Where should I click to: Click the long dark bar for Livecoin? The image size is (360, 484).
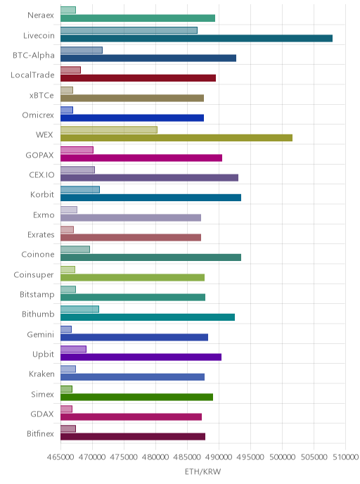click(196, 38)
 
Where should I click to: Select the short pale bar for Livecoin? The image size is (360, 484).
click(129, 30)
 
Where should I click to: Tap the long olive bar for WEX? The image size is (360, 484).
click(176, 138)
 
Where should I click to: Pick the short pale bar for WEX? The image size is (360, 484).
click(109, 130)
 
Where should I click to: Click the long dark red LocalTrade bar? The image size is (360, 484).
click(139, 78)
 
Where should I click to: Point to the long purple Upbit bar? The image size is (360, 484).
click(141, 357)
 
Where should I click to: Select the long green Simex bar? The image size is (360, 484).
click(136, 397)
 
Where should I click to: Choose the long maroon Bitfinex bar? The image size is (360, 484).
click(133, 436)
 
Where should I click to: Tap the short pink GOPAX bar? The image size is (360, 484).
click(77, 150)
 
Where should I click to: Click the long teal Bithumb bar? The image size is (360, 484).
click(148, 317)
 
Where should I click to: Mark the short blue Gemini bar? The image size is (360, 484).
click(66, 329)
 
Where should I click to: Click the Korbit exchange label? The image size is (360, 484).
click(42, 194)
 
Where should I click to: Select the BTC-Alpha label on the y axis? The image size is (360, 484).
click(34, 56)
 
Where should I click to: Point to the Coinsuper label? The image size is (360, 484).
click(34, 275)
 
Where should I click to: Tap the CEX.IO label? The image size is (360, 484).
click(41, 174)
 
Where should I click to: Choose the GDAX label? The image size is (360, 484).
click(42, 414)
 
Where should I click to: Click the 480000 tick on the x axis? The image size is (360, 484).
click(155, 457)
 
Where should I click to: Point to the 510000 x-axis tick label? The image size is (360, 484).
click(345, 457)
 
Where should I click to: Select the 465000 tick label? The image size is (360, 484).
click(60, 457)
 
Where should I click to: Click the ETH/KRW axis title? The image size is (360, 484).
click(202, 471)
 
